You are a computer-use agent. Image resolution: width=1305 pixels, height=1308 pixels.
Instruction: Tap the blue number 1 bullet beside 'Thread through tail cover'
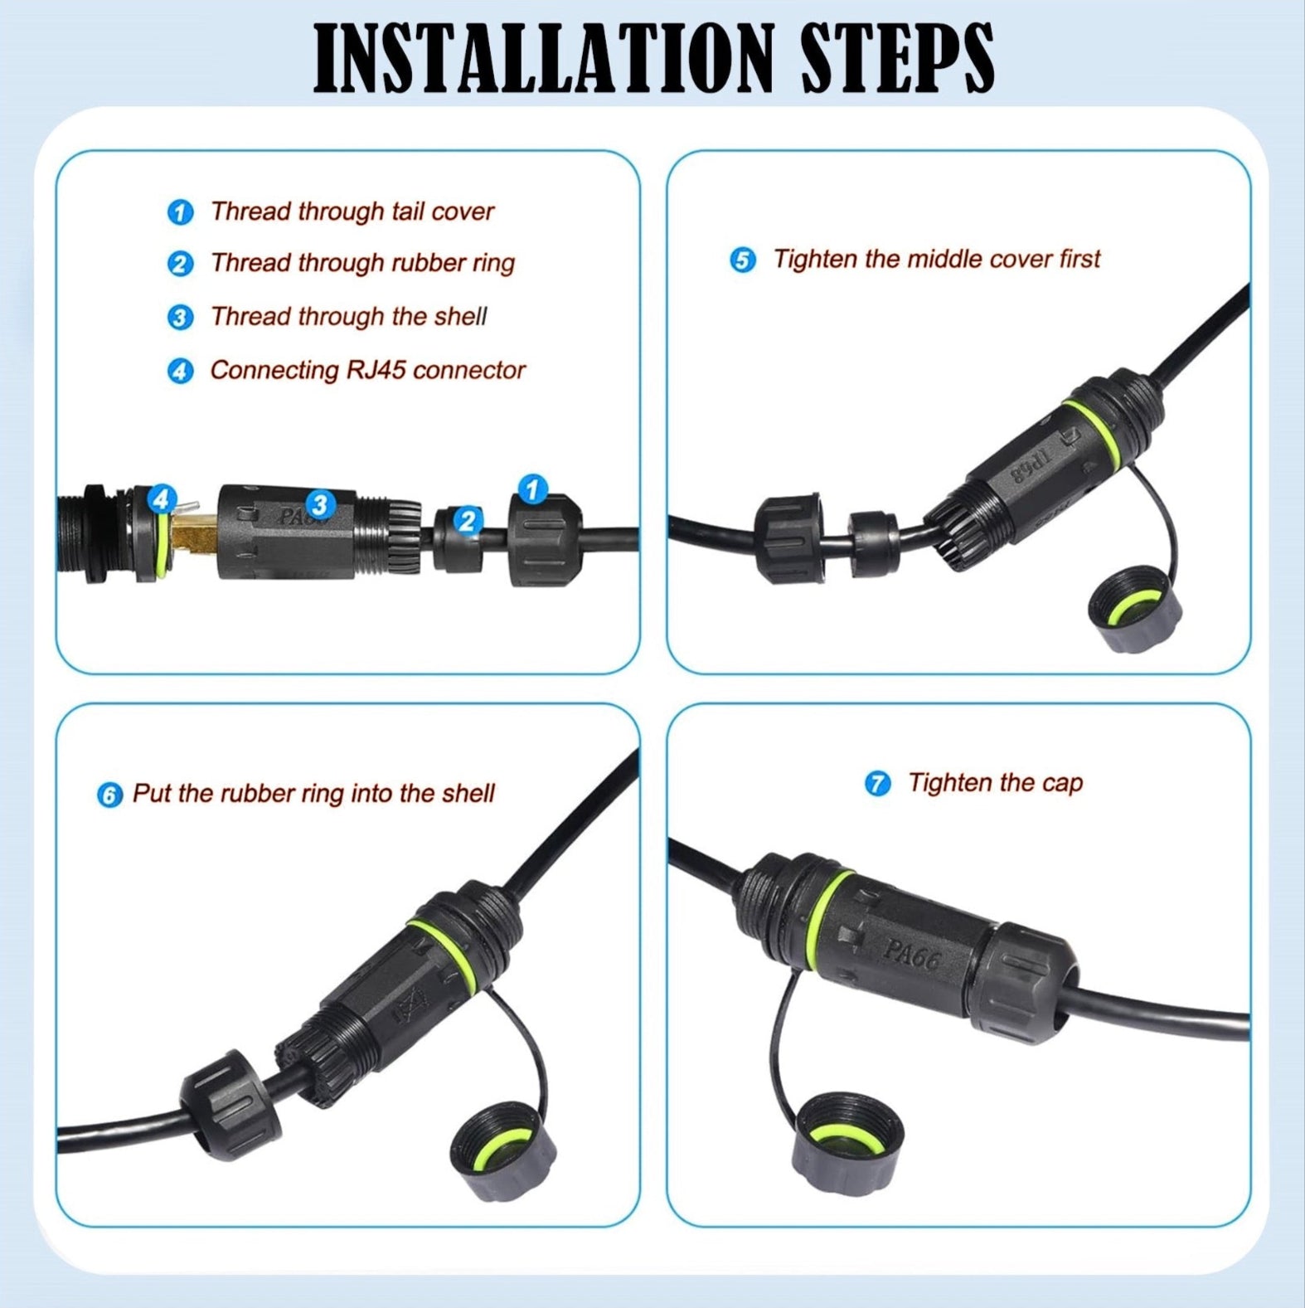(180, 212)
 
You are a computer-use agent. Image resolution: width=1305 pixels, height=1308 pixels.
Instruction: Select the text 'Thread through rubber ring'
(362, 263)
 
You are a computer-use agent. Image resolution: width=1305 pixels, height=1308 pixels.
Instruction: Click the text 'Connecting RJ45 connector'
(367, 370)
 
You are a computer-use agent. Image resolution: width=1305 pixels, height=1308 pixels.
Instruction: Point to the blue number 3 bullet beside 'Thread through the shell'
(180, 318)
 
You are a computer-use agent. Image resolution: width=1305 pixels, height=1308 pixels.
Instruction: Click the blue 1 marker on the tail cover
(532, 489)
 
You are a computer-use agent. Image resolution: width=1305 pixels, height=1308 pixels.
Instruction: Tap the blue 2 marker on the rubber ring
(468, 521)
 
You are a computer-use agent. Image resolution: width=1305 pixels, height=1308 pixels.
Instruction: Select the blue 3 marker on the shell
(320, 503)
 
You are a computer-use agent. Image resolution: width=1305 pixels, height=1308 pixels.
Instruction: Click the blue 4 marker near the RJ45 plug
(161, 499)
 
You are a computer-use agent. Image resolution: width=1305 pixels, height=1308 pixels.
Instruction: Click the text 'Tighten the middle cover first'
(936, 259)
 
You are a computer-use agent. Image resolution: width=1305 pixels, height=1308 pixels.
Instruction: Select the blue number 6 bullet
(109, 795)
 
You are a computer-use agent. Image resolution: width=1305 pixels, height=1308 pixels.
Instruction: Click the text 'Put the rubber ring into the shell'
(313, 794)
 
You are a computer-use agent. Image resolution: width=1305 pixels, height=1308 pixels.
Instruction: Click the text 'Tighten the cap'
(994, 783)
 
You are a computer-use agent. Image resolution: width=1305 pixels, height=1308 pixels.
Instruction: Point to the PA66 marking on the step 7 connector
(912, 955)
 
